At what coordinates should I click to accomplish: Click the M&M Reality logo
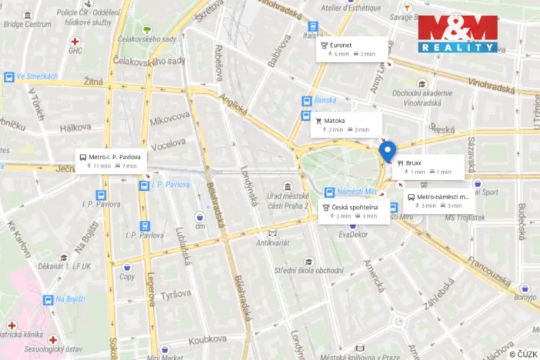[x=458, y=34]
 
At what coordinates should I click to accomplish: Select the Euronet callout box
[x=351, y=49]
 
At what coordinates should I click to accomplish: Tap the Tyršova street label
[x=177, y=295]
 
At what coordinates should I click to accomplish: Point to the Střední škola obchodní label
[x=308, y=270]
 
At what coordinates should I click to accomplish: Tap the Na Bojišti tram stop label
[x=63, y=299]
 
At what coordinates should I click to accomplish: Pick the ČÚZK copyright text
[x=522, y=353]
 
